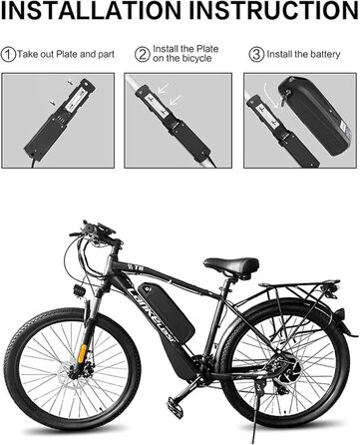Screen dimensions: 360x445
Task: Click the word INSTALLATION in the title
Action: pos(91,10)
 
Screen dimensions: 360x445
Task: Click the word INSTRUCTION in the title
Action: pos(273,10)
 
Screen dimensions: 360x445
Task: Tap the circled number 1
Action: pos(8,54)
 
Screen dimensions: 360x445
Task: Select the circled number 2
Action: pos(143,54)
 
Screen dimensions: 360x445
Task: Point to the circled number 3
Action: pos(256,54)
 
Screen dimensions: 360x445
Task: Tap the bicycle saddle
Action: pos(231,265)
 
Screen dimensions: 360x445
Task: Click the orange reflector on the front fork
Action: pos(83,353)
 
